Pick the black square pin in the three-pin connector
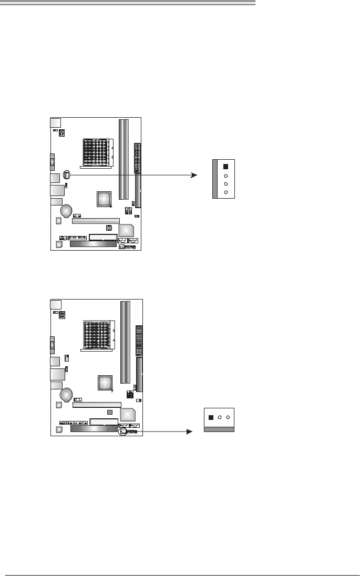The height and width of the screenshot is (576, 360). (211, 418)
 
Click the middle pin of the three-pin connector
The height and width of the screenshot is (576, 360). (220, 417)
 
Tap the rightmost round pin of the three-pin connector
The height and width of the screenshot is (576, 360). (228, 417)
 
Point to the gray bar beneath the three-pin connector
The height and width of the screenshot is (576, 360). (219, 429)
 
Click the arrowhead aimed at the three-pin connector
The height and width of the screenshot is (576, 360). (188, 431)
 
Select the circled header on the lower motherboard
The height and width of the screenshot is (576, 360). (123, 431)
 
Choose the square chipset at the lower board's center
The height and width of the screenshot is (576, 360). (105, 383)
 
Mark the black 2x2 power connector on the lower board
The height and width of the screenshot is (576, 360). (130, 395)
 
